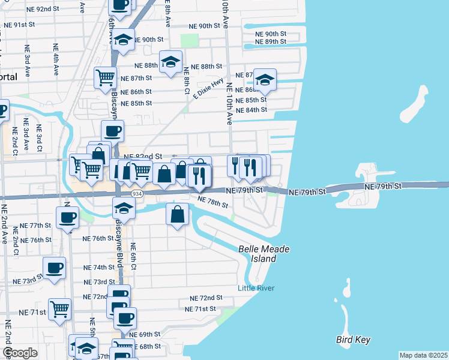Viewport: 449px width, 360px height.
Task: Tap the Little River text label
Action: tap(256, 288)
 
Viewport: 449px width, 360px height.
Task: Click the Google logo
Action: tap(20, 353)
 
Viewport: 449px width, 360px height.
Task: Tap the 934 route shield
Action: tap(137, 194)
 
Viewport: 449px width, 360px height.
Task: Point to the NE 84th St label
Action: tap(252, 110)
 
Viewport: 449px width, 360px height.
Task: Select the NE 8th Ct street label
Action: tap(187, 77)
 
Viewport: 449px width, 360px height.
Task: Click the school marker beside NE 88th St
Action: tap(171, 62)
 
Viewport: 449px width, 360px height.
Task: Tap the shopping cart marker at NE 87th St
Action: tap(105, 77)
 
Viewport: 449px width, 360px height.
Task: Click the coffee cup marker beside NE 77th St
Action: tap(67, 217)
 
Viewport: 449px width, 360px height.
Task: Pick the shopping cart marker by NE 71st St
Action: tap(60, 310)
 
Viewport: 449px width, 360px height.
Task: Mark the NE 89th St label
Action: tap(270, 41)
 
